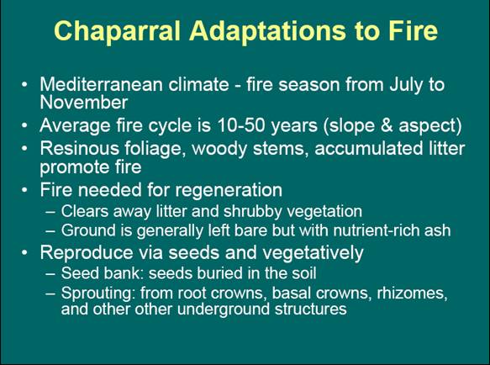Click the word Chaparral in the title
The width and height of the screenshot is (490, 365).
(x=117, y=32)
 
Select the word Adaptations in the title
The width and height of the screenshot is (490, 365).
(x=267, y=32)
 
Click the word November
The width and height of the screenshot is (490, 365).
(x=84, y=103)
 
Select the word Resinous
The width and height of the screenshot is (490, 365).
(x=79, y=148)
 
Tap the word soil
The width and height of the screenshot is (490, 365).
(x=304, y=273)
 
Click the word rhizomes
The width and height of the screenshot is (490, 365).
(x=412, y=293)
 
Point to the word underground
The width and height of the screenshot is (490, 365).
(x=224, y=309)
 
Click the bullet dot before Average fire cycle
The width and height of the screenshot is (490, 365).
(x=24, y=125)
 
